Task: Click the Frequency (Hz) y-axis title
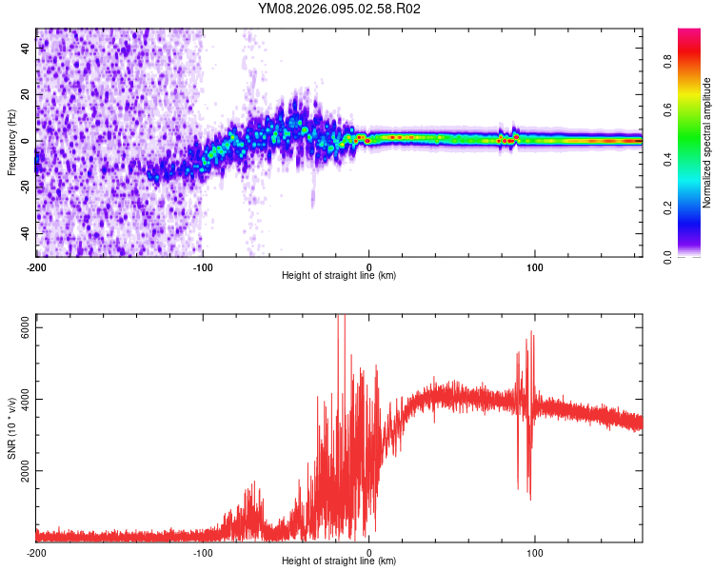click(11, 142)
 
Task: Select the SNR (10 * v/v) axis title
click(11, 428)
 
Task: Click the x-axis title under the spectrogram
click(339, 276)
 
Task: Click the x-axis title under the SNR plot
click(339, 561)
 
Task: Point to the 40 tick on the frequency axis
click(26, 48)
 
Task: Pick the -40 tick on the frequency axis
click(26, 233)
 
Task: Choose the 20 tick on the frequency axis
click(26, 94)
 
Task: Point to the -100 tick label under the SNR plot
click(203, 553)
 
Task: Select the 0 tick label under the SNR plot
click(369, 553)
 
